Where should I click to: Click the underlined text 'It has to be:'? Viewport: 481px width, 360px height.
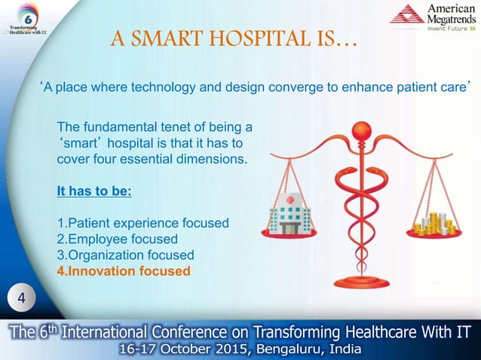click(x=94, y=191)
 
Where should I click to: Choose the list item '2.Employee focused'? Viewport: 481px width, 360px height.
click(x=118, y=239)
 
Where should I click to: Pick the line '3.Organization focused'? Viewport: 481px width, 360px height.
click(x=125, y=255)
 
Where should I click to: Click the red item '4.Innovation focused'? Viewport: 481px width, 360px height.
click(x=124, y=271)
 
